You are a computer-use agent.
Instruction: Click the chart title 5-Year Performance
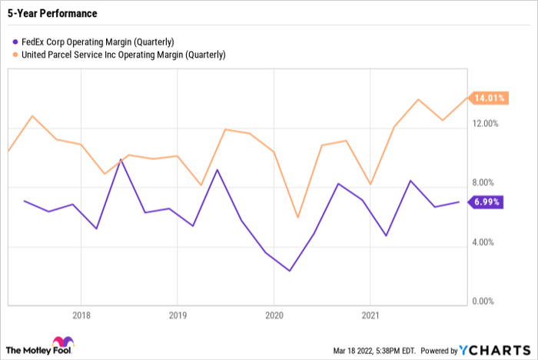(x=52, y=13)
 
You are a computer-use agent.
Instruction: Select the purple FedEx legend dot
(x=15, y=42)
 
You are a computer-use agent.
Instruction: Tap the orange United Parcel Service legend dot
(x=15, y=55)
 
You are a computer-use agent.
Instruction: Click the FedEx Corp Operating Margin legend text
(x=98, y=42)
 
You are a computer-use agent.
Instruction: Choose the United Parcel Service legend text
(x=124, y=55)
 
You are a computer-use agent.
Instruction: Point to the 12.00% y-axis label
(x=485, y=123)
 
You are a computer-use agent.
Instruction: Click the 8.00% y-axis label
(x=483, y=182)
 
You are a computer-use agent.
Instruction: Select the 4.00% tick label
(x=483, y=242)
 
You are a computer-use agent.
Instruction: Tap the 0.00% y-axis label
(x=483, y=302)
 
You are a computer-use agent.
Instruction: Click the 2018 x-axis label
(x=81, y=315)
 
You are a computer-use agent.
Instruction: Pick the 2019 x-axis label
(x=178, y=315)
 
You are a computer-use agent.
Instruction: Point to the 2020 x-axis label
(x=274, y=315)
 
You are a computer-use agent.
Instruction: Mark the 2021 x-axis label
(x=370, y=315)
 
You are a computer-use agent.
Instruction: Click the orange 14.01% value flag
(x=489, y=98)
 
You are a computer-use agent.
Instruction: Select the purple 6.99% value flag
(x=486, y=202)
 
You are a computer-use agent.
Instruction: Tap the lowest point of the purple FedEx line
(x=290, y=271)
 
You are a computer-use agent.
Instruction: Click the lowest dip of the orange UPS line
(x=297, y=218)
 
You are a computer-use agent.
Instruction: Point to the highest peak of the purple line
(x=121, y=159)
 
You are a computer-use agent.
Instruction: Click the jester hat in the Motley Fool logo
(x=63, y=342)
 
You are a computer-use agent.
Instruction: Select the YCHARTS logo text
(x=495, y=350)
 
